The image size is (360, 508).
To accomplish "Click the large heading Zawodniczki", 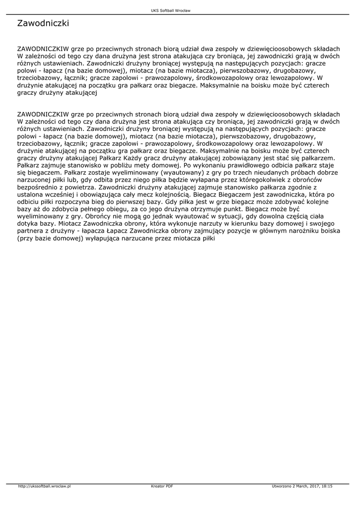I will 43,23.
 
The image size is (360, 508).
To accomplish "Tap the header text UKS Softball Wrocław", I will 171,10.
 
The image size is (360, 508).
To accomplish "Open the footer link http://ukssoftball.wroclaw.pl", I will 45,486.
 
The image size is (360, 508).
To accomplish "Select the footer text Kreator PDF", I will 162,486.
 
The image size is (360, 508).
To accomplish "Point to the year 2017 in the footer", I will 311,486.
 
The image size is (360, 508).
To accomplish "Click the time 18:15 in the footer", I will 327,486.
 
